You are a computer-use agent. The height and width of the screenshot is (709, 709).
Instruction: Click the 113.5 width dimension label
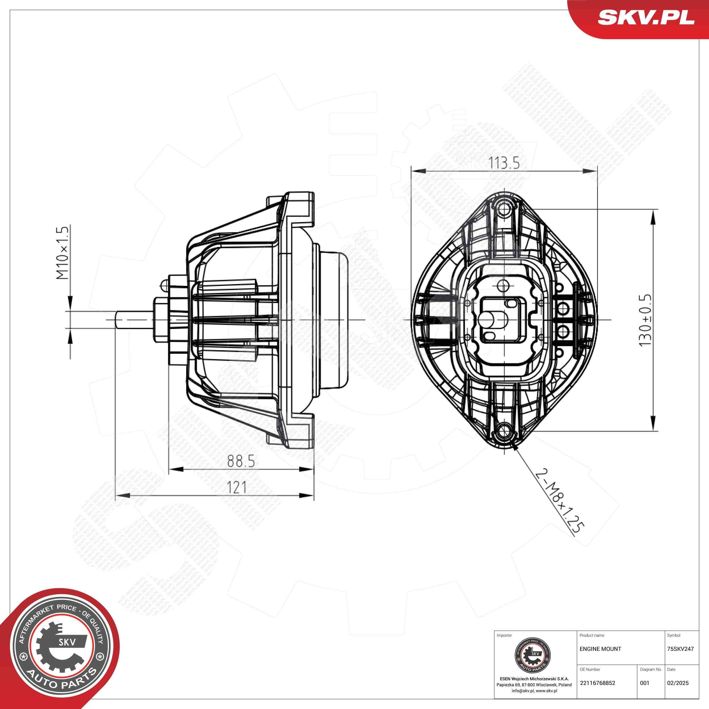pyautogui.click(x=504, y=163)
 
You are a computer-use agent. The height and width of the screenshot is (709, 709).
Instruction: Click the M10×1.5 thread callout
pyautogui.click(x=63, y=253)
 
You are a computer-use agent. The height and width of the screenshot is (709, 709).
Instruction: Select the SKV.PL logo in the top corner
pyautogui.click(x=646, y=18)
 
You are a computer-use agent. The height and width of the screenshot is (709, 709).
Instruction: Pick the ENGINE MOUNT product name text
pyautogui.click(x=600, y=649)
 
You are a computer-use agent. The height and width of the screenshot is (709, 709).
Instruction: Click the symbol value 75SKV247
pyautogui.click(x=680, y=649)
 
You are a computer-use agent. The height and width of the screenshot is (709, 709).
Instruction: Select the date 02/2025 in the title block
pyautogui.click(x=678, y=683)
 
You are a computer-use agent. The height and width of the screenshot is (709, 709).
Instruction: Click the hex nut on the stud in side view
pyautogui.click(x=160, y=319)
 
